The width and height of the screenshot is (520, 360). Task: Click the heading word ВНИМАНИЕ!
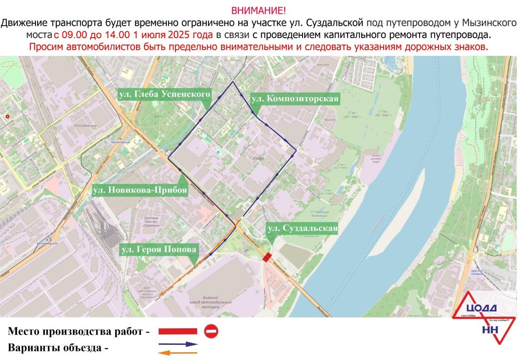[259, 10]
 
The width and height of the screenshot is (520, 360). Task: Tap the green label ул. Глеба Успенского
[164, 94]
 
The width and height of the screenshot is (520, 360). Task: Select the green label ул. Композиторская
[294, 99]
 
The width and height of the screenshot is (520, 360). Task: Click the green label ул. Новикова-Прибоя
[140, 190]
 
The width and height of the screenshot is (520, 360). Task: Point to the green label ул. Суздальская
[302, 228]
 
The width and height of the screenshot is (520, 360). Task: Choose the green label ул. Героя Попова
[159, 249]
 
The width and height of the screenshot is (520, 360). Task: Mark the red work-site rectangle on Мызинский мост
[267, 257]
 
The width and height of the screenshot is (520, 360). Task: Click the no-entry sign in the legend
[211, 332]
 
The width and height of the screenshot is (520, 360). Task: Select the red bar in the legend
[178, 332]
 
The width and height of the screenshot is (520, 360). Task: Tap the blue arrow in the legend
[178, 344]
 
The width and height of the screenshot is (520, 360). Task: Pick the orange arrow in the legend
[178, 352]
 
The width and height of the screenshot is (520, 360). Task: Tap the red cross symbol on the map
[7, 116]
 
